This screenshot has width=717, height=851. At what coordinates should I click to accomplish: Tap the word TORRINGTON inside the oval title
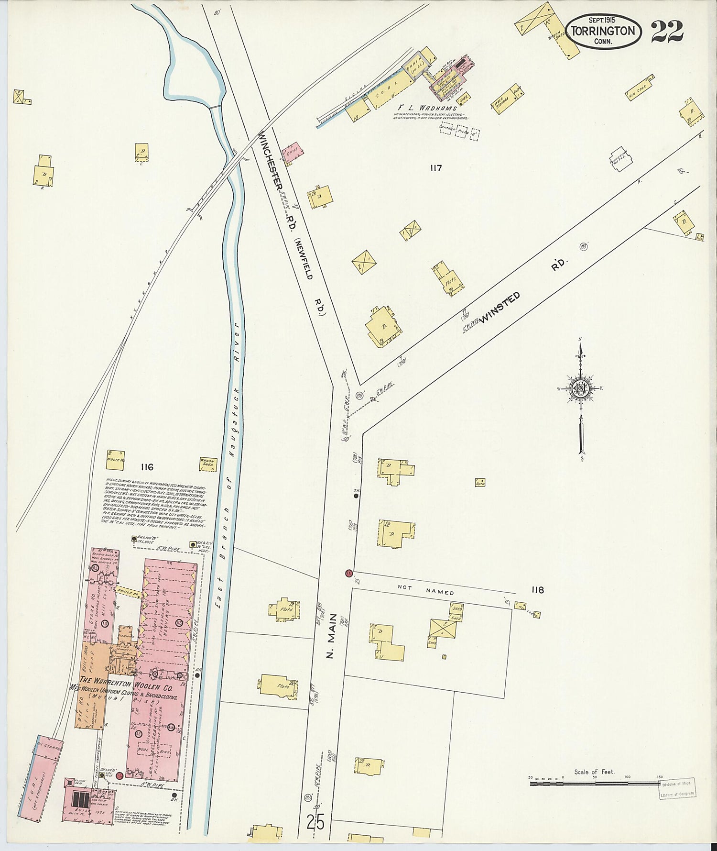(x=604, y=31)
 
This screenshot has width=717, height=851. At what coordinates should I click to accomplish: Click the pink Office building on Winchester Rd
(x=293, y=152)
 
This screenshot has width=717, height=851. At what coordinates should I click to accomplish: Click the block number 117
(x=435, y=167)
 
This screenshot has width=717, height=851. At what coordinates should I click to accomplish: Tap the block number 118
(x=537, y=590)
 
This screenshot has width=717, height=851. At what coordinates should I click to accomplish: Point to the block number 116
(x=146, y=467)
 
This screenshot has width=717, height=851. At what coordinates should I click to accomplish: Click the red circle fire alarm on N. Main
(x=349, y=573)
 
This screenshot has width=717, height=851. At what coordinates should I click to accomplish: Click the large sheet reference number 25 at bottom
(x=315, y=822)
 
